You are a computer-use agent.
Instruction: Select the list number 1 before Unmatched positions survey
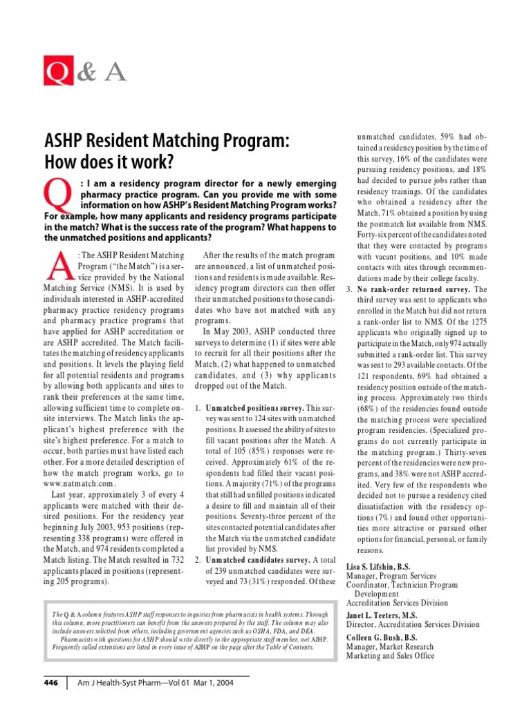[x=197, y=409]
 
